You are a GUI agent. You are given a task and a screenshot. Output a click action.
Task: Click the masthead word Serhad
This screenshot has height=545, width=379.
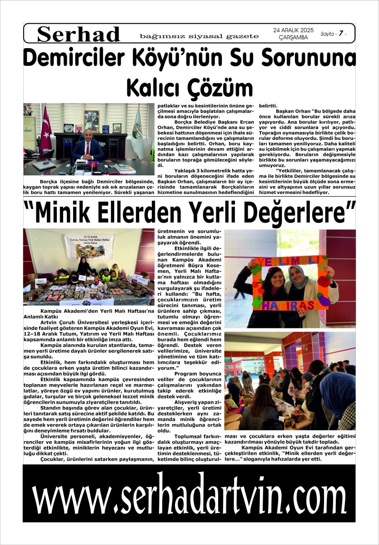coord(79,35)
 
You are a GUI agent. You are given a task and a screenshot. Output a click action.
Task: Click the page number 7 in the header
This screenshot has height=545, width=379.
coord(340,34)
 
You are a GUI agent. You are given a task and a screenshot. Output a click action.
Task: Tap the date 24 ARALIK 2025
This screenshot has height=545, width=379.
coord(293,30)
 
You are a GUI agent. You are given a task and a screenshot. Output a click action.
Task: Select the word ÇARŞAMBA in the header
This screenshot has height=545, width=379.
coord(293,38)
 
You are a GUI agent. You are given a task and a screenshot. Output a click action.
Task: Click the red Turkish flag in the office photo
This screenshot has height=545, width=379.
coord(46,129)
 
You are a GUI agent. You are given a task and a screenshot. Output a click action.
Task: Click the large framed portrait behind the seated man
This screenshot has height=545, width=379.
coord(91,120)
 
